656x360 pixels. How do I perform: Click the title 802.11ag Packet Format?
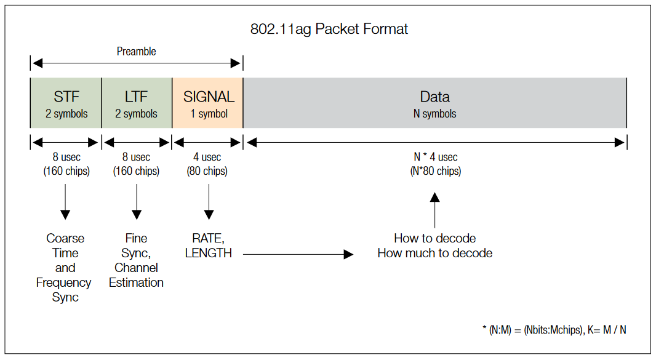point(329,29)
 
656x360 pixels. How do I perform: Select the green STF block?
point(66,103)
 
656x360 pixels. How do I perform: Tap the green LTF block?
point(137,103)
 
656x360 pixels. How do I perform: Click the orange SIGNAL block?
point(208,103)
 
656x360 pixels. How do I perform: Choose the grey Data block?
point(435,103)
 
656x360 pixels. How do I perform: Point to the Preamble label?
point(136,52)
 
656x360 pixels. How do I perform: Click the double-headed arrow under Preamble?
point(136,63)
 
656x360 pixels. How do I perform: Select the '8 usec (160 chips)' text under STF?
point(66,164)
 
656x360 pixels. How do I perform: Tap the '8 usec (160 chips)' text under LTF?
point(136,164)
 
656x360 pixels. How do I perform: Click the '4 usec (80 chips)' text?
point(207,164)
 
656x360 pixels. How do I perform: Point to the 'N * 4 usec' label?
point(435,157)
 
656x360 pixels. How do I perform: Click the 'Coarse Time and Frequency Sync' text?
point(65,268)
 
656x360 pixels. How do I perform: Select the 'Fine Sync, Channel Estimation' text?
point(136,260)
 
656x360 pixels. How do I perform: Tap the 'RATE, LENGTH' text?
point(208,246)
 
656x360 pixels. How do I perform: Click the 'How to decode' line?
point(434,238)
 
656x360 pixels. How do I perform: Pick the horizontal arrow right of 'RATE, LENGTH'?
point(298,254)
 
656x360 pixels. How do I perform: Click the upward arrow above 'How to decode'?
point(435,209)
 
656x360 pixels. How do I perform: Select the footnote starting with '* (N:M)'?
point(554,330)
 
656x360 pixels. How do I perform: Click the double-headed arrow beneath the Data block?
point(435,143)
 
